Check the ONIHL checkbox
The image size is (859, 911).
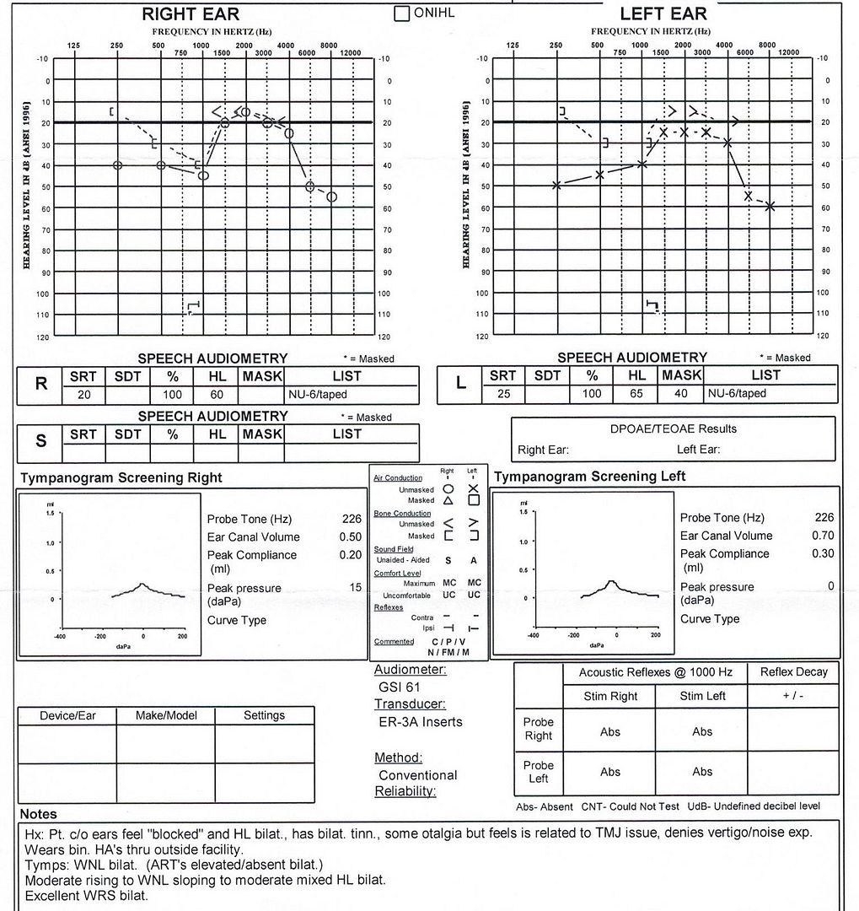point(402,13)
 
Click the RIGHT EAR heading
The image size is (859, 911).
point(191,13)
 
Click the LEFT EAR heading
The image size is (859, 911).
point(663,13)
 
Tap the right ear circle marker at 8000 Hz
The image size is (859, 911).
point(331,197)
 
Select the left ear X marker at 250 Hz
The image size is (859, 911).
point(556,185)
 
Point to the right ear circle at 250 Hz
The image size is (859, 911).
point(117,165)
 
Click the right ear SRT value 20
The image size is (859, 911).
point(83,394)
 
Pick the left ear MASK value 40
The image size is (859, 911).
point(681,393)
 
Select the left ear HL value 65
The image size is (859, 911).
point(637,393)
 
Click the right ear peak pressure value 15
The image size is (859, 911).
point(356,587)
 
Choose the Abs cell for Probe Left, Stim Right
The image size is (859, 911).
point(610,771)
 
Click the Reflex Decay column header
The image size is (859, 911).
point(793,672)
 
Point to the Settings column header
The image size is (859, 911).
point(264,715)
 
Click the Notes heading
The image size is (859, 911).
point(38,814)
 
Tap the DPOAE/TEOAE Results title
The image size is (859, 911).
point(674,429)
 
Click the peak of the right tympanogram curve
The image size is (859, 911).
point(142,583)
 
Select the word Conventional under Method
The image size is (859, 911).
point(417,774)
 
